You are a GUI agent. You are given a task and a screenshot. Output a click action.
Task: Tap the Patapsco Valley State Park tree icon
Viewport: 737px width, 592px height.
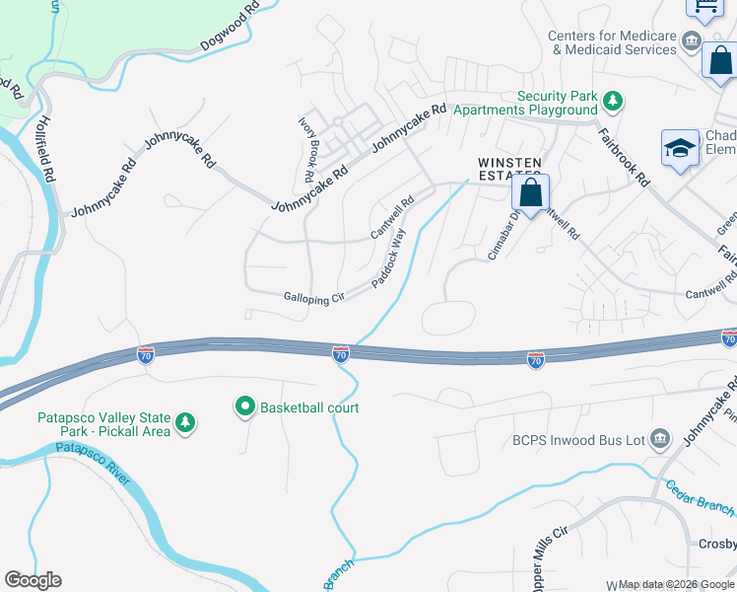[185, 424]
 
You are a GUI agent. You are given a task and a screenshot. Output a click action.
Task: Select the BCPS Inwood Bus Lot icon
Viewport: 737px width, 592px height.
[660, 438]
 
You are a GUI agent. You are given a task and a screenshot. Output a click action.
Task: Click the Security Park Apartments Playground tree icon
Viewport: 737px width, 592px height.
[613, 100]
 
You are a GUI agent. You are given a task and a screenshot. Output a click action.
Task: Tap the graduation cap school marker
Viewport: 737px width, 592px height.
[680, 149]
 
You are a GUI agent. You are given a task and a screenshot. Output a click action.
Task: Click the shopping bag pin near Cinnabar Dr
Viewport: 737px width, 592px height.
[530, 193]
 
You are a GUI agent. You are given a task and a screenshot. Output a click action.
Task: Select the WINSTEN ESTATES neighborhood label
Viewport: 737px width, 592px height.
[509, 169]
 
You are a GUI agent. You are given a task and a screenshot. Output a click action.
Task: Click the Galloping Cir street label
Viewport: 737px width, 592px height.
[314, 298]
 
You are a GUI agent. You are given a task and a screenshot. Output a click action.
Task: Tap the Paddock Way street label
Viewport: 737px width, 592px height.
[389, 259]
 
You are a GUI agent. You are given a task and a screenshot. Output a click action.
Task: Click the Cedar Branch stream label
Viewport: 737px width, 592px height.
[700, 498]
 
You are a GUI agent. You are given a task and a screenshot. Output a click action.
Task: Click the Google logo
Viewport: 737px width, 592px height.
[33, 580]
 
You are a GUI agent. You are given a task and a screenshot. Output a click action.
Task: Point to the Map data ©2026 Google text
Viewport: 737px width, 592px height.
[676, 584]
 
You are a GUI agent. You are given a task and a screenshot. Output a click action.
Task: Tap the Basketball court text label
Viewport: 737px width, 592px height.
[309, 407]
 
